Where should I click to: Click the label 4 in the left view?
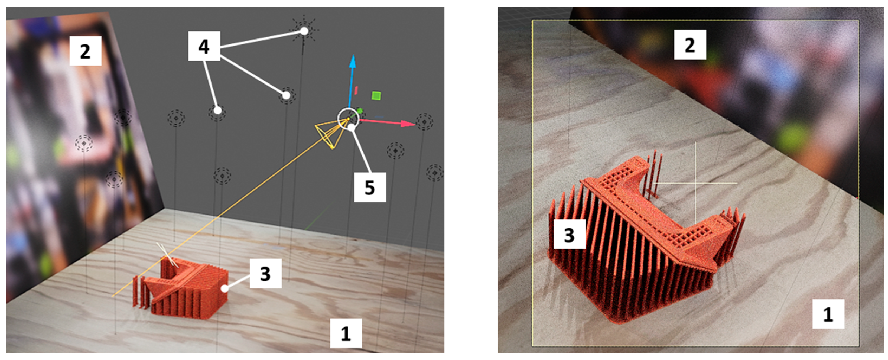click(204, 46)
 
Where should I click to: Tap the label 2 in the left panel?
click(85, 51)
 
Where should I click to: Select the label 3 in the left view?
click(265, 274)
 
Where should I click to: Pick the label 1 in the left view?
click(346, 333)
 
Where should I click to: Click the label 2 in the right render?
click(690, 45)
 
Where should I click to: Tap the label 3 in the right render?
click(570, 234)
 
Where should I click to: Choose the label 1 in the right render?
click(828, 314)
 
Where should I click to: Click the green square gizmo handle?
click(376, 96)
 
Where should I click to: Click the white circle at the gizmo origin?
click(349, 118)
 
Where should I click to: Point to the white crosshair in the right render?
click(696, 183)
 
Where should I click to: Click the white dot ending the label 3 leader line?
click(225, 288)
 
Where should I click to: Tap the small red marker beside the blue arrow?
click(356, 90)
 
